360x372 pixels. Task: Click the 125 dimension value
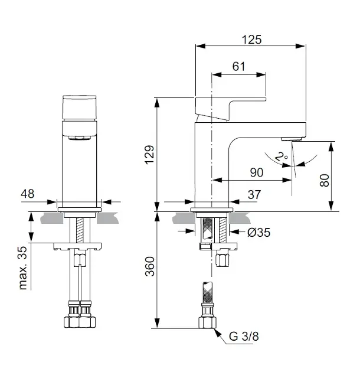[251, 40]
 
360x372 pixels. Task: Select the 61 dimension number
[238, 66]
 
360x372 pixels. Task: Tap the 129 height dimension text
[150, 155]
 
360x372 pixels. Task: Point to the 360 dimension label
[150, 266]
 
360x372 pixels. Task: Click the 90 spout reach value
[257, 172]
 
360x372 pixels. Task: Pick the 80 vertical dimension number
[325, 180]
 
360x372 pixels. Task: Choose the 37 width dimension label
[254, 194]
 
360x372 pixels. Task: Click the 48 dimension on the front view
[28, 194]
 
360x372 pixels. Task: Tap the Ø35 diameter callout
[258, 232]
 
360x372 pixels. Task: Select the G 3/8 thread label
[244, 336]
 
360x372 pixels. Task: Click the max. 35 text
[23, 268]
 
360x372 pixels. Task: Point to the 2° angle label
[282, 156]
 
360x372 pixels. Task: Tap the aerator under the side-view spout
[292, 139]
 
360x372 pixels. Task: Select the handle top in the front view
[80, 107]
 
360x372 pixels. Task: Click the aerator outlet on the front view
[80, 138]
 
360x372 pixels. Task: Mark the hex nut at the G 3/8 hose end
[208, 322]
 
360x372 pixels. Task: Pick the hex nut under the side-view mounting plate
[222, 260]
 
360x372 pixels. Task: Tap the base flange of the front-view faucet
[80, 210]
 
